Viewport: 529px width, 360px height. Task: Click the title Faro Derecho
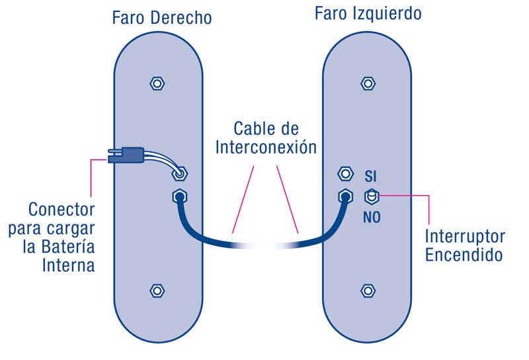tap(161, 17)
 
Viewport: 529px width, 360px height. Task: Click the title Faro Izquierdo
tap(368, 14)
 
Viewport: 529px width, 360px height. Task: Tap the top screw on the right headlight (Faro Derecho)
tap(157, 84)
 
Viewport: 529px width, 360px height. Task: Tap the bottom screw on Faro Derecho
tap(157, 291)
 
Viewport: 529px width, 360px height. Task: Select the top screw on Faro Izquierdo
tap(368, 83)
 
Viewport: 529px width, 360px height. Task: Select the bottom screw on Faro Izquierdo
tap(368, 291)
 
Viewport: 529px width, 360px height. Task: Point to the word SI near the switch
tap(371, 176)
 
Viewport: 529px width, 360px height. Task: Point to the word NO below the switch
tap(372, 216)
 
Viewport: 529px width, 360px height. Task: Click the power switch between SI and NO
tap(372, 196)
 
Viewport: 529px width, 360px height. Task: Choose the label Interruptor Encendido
tap(464, 246)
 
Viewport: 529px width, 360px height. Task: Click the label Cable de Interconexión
tap(266, 137)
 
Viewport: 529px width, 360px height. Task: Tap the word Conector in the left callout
tap(61, 210)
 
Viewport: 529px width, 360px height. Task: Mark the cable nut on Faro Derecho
tap(178, 197)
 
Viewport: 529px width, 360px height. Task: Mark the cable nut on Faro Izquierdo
tap(345, 196)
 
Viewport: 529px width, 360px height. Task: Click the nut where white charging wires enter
tap(179, 174)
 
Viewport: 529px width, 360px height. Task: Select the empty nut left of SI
tap(345, 174)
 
